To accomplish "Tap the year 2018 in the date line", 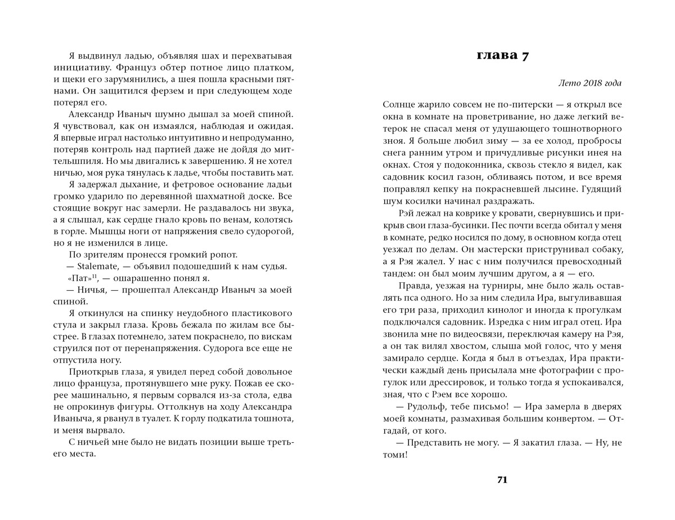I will (589, 83).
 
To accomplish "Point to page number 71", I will (502, 480).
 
